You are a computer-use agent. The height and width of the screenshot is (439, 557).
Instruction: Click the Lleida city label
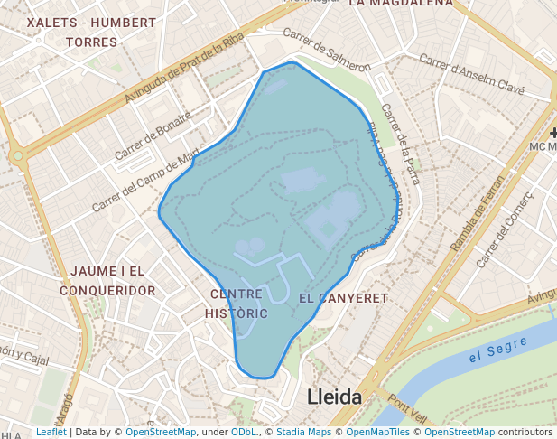334,397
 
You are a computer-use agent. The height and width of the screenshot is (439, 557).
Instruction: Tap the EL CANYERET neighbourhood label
343,298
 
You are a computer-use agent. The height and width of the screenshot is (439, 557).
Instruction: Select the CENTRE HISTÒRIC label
237,304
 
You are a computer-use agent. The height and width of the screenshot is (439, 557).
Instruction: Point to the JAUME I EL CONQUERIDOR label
108,281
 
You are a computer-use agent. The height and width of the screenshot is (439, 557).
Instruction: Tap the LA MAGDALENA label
400,4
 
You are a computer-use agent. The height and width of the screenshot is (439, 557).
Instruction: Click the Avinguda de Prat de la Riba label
184,68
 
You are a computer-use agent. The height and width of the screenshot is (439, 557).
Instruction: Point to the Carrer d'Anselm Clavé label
472,76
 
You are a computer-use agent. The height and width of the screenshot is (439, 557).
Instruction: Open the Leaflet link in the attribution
51,433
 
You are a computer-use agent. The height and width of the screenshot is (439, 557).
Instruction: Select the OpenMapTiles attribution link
378,433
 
